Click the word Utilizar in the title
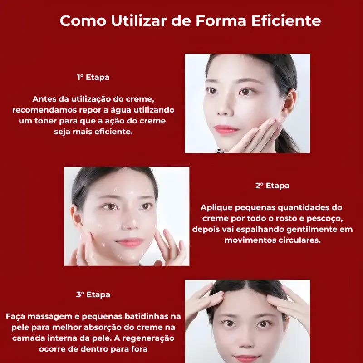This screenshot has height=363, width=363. pyautogui.click(x=139, y=20)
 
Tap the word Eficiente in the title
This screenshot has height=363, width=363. pyautogui.click(x=286, y=20)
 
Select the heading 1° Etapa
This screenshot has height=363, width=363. pyautogui.click(x=93, y=77)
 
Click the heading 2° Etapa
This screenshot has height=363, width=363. pyautogui.click(x=272, y=186)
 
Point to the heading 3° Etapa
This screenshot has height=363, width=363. pyautogui.click(x=93, y=294)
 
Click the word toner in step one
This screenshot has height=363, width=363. pyautogui.click(x=46, y=121)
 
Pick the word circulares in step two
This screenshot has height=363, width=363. pyautogui.click(x=299, y=240)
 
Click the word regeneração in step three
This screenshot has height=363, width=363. pyautogui.click(x=148, y=338)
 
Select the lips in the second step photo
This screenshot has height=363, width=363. pyautogui.click(x=130, y=242)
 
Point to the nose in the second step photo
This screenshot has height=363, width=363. pyautogui.click(x=131, y=221)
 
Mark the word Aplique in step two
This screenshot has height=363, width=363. pyautogui.click(x=216, y=208)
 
